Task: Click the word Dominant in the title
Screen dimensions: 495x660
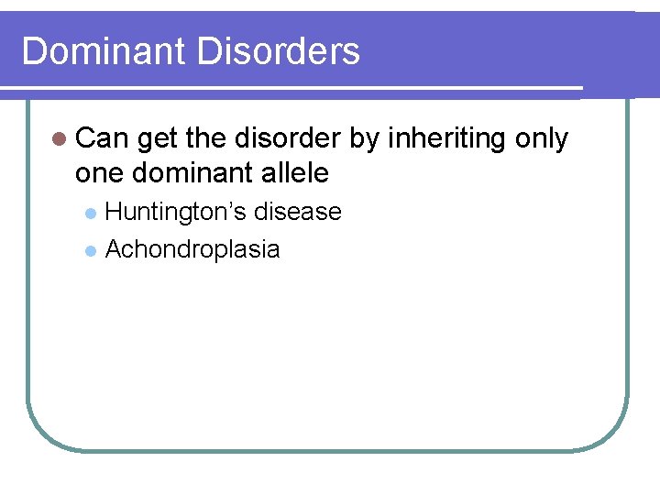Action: click(x=104, y=51)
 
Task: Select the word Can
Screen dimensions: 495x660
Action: click(x=103, y=138)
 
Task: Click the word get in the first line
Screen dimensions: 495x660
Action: click(x=159, y=140)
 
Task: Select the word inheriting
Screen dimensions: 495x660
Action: click(x=448, y=140)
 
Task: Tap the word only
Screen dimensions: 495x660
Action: click(x=542, y=139)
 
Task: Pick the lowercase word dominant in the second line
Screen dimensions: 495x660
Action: click(x=195, y=171)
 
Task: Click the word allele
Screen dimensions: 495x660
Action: click(x=295, y=171)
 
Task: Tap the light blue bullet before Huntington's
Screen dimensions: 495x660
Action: click(x=90, y=214)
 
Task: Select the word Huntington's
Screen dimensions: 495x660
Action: click(x=177, y=213)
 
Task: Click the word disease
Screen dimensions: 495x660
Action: click(x=298, y=212)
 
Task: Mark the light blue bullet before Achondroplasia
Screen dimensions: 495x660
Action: click(x=90, y=250)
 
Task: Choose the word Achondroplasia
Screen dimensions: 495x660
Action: click(x=192, y=249)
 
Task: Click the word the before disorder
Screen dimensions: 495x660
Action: click(x=207, y=138)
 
